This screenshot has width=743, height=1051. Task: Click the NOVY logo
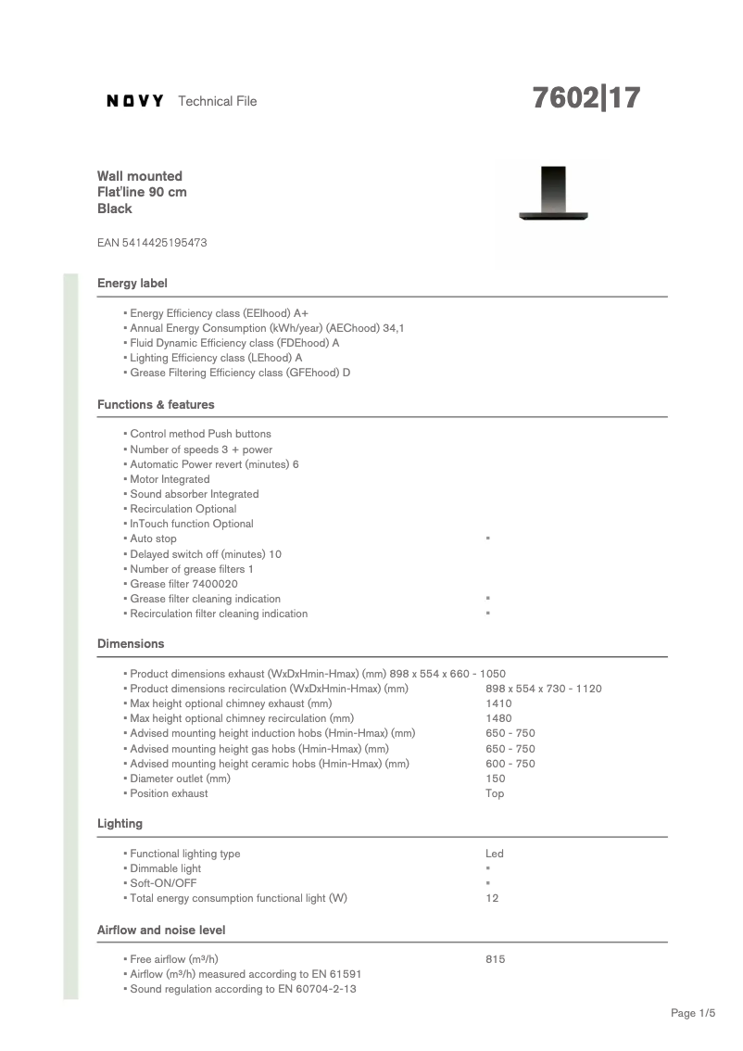click(135, 101)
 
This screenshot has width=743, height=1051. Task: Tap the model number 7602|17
click(586, 98)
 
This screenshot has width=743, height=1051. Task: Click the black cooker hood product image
click(553, 195)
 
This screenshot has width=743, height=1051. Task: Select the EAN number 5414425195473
click(152, 243)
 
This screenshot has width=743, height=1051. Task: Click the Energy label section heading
click(132, 283)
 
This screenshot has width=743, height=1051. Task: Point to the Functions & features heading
click(156, 405)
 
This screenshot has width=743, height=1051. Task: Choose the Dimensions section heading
click(131, 643)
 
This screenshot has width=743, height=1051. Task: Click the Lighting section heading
click(120, 823)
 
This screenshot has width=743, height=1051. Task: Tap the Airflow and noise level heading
click(161, 930)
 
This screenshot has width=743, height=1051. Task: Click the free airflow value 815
click(496, 959)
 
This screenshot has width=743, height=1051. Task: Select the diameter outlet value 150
click(496, 779)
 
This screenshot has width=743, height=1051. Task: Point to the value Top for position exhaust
click(495, 793)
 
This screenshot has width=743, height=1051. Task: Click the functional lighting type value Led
click(495, 854)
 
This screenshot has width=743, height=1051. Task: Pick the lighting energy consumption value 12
click(492, 898)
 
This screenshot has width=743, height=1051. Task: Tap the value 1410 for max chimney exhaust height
click(498, 703)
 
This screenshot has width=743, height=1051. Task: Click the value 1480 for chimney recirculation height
click(498, 718)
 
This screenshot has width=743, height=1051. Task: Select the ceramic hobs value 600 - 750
click(510, 764)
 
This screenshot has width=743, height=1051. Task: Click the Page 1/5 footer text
click(693, 1013)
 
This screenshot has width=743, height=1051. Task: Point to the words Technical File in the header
click(217, 101)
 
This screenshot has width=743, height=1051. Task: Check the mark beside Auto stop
click(487, 538)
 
